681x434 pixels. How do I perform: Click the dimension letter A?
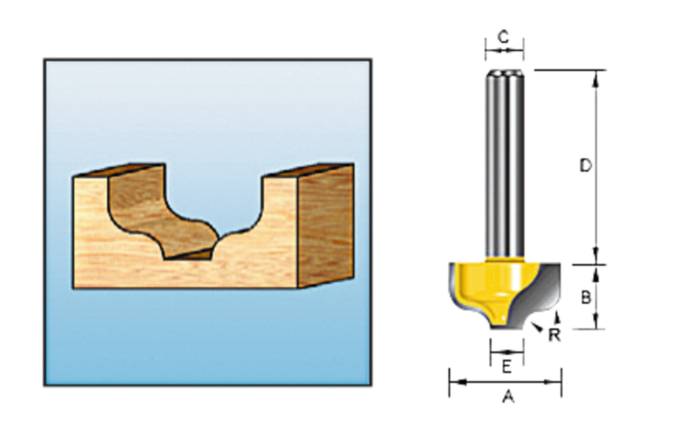tap(508, 397)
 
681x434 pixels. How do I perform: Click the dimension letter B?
tap(586, 298)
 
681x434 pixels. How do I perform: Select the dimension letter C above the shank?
tap(503, 36)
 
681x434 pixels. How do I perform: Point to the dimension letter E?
tap(506, 366)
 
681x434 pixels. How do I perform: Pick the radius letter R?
tap(554, 335)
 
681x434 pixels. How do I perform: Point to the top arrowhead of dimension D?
tap(596, 75)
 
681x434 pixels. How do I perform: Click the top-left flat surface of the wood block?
tap(120, 170)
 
